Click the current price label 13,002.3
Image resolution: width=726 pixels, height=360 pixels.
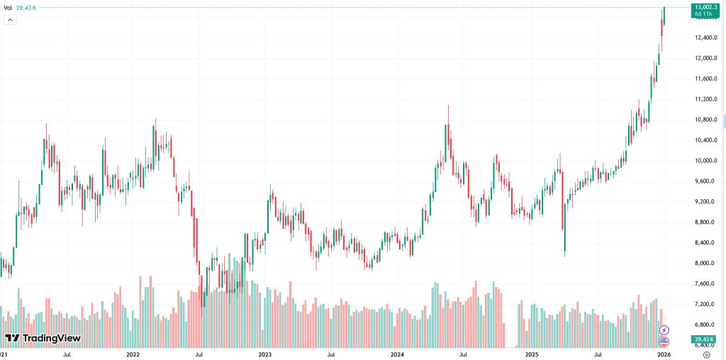pyautogui.click(x=708, y=6)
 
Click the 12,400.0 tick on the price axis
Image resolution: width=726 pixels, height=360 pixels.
pyautogui.click(x=707, y=38)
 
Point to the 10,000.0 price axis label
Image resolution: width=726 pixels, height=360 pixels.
pyautogui.click(x=707, y=161)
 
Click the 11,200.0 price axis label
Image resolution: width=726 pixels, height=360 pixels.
pyautogui.click(x=707, y=99)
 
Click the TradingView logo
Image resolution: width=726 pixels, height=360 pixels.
pyautogui.click(x=43, y=339)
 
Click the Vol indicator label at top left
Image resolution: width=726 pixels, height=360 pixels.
pyautogui.click(x=9, y=8)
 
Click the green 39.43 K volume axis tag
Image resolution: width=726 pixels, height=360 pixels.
pyautogui.click(x=708, y=339)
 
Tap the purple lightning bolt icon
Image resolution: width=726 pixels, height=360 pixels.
pyautogui.click(x=664, y=330)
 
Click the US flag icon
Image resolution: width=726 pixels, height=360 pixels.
pyautogui.click(x=664, y=341)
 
